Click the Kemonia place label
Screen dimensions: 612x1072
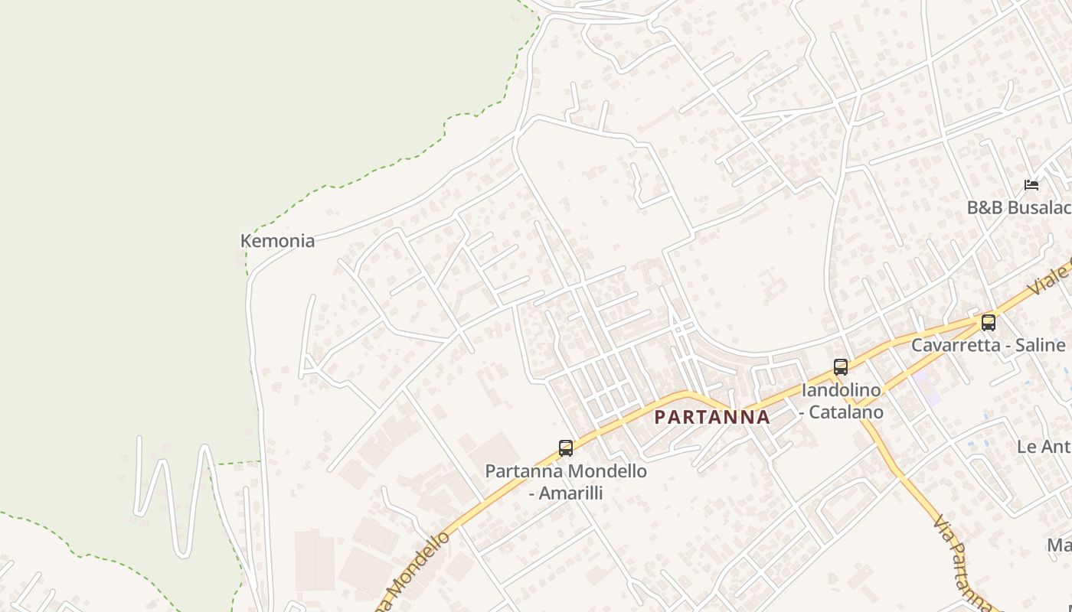point(277,241)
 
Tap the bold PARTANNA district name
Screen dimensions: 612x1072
point(712,417)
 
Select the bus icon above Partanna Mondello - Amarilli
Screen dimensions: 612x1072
point(566,448)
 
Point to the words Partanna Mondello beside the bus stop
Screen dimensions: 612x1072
point(566,471)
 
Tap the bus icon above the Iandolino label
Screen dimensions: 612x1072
point(841,367)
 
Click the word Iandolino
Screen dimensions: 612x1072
point(841,390)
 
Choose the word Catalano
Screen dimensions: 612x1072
point(848,412)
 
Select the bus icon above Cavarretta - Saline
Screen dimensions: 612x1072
point(989,323)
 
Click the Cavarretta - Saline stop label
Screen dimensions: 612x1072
point(988,345)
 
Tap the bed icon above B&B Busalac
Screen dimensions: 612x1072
point(1031,185)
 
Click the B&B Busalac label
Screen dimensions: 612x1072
point(1018,207)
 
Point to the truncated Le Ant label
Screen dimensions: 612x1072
point(1044,447)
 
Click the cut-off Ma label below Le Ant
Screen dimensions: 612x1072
point(1059,545)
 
